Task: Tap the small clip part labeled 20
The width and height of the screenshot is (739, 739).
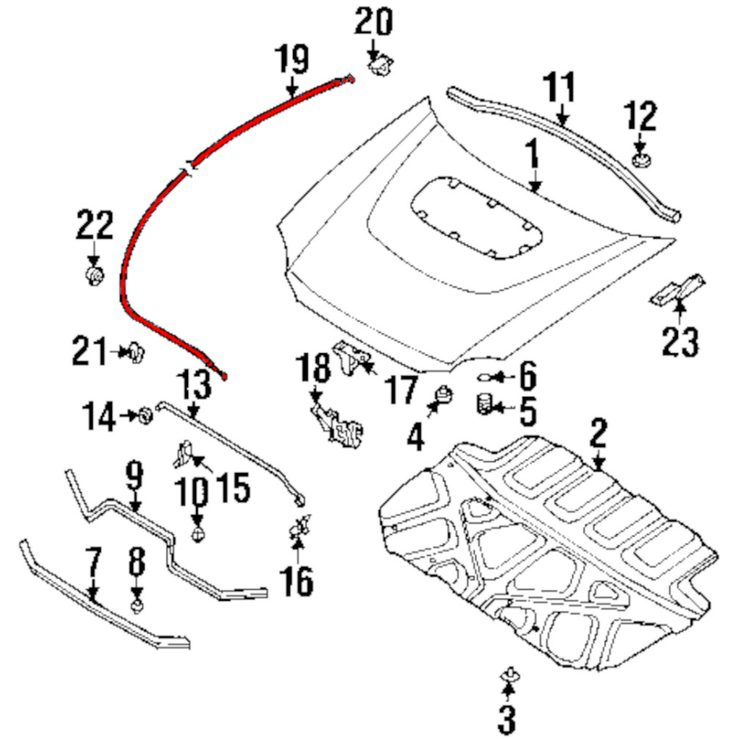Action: (x=383, y=67)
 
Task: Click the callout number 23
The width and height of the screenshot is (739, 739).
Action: (x=680, y=341)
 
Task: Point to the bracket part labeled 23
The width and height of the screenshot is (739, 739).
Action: (x=676, y=291)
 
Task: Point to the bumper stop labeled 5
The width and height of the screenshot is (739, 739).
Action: (x=483, y=406)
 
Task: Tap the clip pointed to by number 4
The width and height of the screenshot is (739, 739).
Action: (x=446, y=393)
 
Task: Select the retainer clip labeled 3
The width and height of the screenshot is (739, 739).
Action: (x=508, y=675)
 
